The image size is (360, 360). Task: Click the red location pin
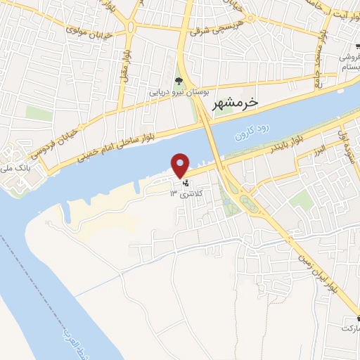[x=181, y=165]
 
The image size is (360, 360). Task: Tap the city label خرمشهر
[x=236, y=103]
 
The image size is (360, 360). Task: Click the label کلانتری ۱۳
[x=188, y=193]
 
